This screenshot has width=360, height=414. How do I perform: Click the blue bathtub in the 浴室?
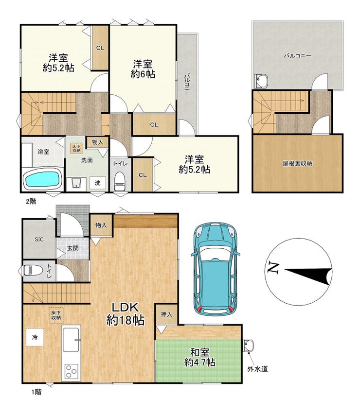(42, 179)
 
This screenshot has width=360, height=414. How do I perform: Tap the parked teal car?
(216, 269)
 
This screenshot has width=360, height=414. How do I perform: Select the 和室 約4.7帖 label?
(199, 357)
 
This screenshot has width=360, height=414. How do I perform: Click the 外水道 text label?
(258, 369)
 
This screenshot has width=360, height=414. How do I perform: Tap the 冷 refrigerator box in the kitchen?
(35, 337)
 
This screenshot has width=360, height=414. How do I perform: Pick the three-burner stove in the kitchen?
(72, 372)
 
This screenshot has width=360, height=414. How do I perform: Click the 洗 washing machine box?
(97, 182)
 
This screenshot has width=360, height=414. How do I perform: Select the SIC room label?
(39, 240)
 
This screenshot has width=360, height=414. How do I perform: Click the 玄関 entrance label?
(72, 248)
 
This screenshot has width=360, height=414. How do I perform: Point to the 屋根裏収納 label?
(298, 163)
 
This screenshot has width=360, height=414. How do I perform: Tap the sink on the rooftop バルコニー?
(261, 81)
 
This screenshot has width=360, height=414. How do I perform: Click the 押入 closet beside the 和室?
(166, 314)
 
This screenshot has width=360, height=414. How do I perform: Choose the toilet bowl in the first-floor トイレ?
(33, 270)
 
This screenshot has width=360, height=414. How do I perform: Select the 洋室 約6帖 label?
(143, 69)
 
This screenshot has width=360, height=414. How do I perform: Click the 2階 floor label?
(31, 202)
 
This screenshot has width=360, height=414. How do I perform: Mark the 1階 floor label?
(36, 392)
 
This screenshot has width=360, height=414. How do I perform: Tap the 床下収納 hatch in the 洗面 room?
(77, 148)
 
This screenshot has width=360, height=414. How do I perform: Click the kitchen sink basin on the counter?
(71, 340)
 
